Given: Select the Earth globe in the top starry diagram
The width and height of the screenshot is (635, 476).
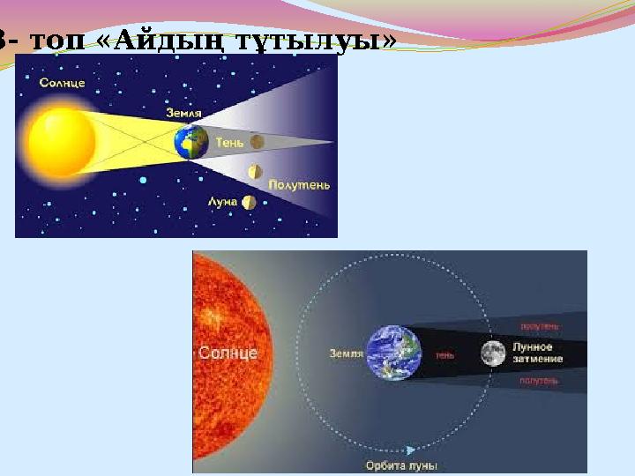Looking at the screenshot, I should pyautogui.click(x=191, y=141).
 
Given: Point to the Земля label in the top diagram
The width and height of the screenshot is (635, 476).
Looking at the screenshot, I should pyautogui.click(x=183, y=113).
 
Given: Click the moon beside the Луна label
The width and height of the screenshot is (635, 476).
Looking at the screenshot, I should pyautogui.click(x=250, y=202).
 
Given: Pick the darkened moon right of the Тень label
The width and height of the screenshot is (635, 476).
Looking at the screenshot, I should pyautogui.click(x=257, y=141).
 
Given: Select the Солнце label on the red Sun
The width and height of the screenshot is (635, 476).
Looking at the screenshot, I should pyautogui.click(x=228, y=353).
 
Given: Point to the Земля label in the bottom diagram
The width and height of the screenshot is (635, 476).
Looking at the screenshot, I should pyautogui.click(x=346, y=353).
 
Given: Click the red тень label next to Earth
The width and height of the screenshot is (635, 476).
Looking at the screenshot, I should pyautogui.click(x=444, y=355).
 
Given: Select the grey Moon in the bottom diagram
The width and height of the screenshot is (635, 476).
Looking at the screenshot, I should pyautogui.click(x=493, y=353).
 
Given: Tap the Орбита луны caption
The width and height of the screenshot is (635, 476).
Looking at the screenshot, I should pyautogui.click(x=402, y=465).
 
